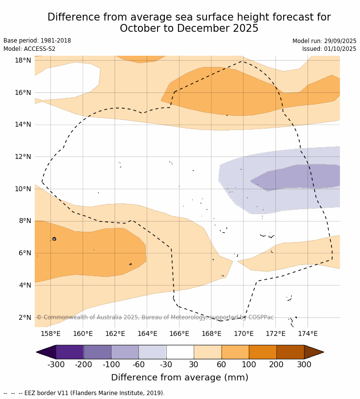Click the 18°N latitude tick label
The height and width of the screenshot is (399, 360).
(x=23, y=61)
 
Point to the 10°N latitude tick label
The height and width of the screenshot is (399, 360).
(x=23, y=189)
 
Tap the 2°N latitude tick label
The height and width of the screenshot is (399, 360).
(x=25, y=318)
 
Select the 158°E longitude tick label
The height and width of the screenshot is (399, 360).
(x=50, y=334)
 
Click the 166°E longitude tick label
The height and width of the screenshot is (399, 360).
(x=179, y=334)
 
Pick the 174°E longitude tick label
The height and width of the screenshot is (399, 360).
(x=308, y=334)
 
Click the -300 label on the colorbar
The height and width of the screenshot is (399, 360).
(x=56, y=364)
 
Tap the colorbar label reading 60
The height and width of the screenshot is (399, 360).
(x=221, y=364)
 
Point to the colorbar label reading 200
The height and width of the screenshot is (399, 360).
(x=276, y=364)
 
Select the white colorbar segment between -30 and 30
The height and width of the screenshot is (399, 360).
(x=180, y=352)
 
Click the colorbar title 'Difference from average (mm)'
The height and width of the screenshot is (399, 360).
(x=180, y=377)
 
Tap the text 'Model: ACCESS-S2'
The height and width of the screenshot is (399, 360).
(x=29, y=49)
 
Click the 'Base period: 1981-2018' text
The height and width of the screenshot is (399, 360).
(x=37, y=41)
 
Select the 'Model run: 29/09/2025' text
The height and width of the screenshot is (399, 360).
(x=324, y=41)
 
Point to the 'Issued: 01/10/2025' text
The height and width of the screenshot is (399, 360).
(x=329, y=49)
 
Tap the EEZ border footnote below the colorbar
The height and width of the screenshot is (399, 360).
(x=84, y=393)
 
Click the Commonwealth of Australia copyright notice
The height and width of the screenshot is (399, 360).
(x=155, y=317)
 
